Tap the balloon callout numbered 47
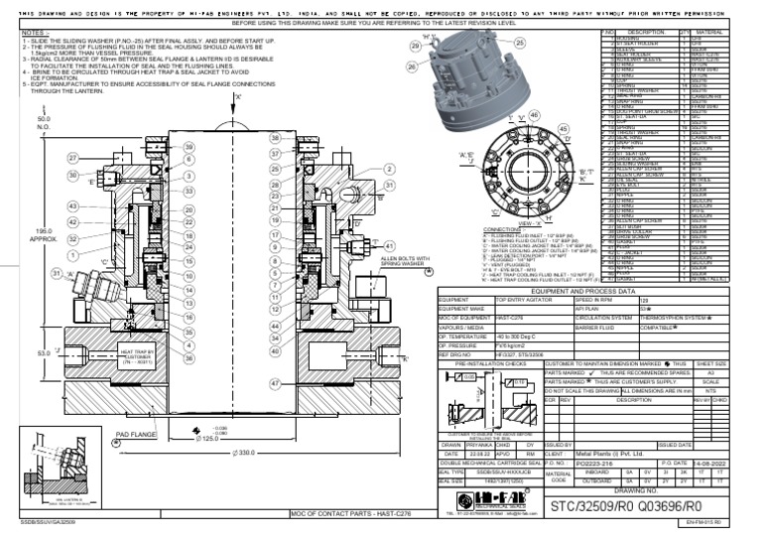(x=275, y=381)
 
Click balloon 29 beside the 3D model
(x=415, y=47)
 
